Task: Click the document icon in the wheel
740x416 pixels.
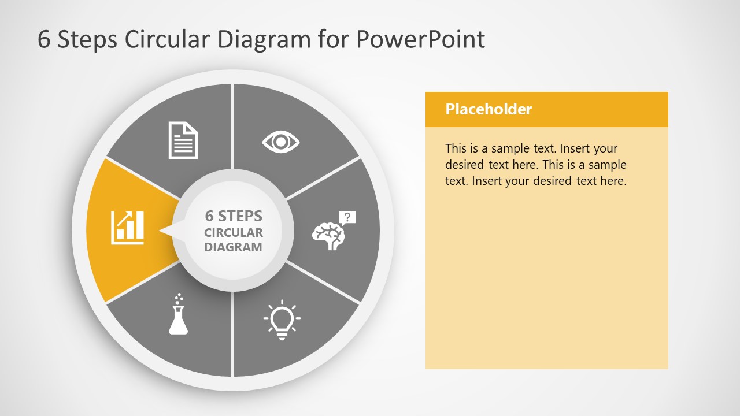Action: coord(183,140)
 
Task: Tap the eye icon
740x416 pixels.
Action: coord(281,142)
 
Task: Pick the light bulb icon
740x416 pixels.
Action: coord(282,320)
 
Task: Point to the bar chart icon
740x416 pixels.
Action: coord(128,227)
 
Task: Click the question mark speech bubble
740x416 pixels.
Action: coord(347,217)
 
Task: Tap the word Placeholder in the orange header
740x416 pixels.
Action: coord(489,109)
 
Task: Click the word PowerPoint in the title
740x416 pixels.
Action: coord(420,39)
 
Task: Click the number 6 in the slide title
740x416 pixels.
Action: coord(44,39)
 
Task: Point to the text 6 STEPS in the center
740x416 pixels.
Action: coord(234,216)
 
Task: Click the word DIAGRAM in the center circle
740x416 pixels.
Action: coord(233,247)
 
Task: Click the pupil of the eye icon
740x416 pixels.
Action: coord(281,142)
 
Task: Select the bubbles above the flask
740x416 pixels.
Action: coord(178,298)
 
